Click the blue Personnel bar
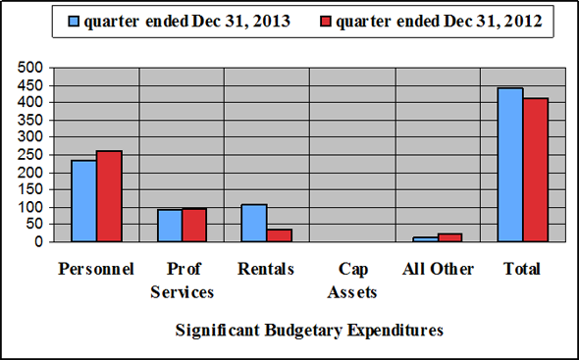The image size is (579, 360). click(x=83, y=201)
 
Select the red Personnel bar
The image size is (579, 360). click(x=109, y=196)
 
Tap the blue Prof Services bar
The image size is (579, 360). click(x=169, y=226)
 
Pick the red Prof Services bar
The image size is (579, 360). click(x=193, y=225)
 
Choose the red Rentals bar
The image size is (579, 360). click(x=280, y=235)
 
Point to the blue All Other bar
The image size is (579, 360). click(x=425, y=239)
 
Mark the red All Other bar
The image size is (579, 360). click(x=449, y=237)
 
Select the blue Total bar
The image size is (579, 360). click(x=510, y=165)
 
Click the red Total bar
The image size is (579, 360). click(x=535, y=170)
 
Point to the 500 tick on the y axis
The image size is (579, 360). click(x=31, y=68)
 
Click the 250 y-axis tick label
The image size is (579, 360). click(x=31, y=155)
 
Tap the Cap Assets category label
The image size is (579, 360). click(x=352, y=280)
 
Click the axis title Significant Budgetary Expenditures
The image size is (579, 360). click(x=309, y=331)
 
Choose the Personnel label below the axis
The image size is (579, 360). click(x=96, y=269)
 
